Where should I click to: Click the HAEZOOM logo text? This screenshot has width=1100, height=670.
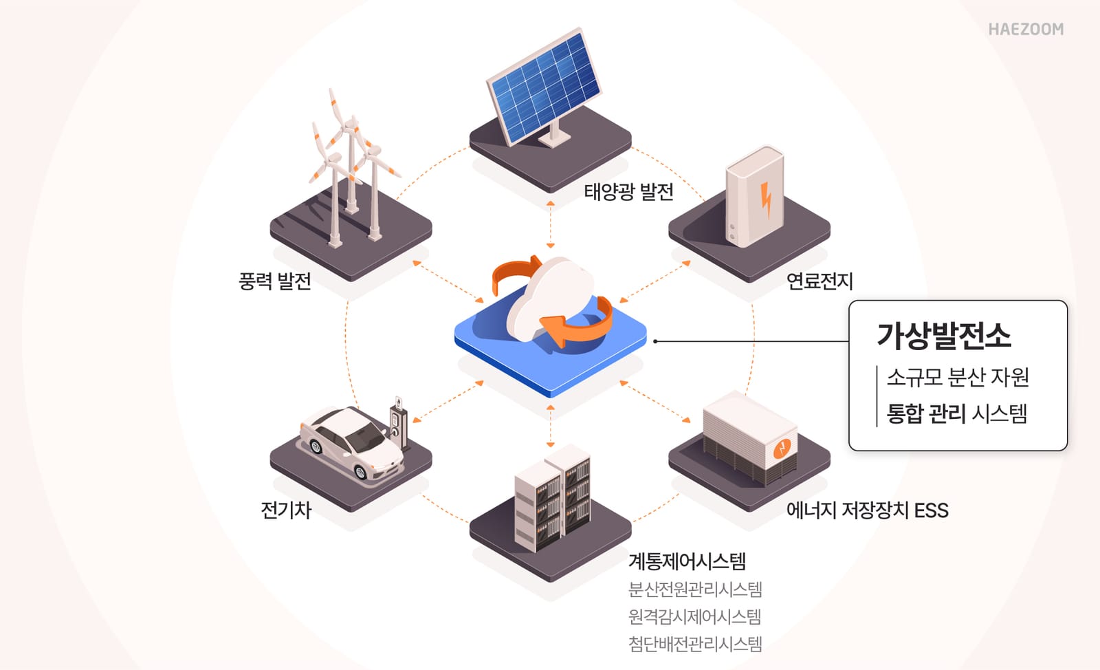[1025, 29]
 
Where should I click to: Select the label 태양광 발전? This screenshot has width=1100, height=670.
[628, 191]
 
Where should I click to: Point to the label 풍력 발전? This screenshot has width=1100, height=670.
[274, 281]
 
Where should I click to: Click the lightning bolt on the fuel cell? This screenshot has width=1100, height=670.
[766, 199]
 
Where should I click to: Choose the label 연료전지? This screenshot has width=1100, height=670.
[819, 281]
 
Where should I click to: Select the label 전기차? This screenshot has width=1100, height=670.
[286, 510]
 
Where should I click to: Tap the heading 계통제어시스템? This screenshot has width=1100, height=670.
[687, 561]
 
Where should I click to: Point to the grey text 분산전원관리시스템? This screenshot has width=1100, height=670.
[695, 590]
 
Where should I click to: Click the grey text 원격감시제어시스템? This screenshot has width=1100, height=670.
[694, 616]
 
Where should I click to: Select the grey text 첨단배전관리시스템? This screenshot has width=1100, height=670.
[695, 644]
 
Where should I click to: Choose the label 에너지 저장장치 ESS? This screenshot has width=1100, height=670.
[867, 510]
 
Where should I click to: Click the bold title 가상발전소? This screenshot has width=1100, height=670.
[943, 336]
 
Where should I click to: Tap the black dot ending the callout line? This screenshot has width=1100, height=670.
[655, 341]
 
